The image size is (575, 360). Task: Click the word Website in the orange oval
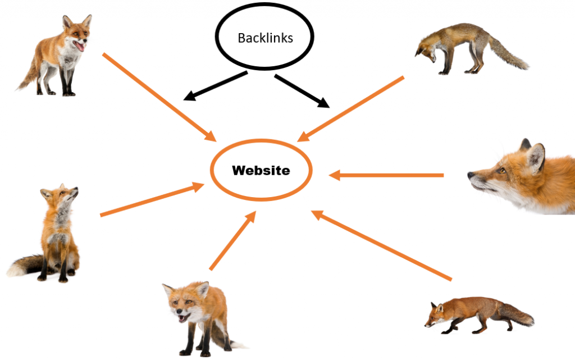261,170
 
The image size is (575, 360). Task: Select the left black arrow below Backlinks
216,86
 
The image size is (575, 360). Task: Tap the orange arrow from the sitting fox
152,199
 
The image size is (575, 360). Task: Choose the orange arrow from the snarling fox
232,241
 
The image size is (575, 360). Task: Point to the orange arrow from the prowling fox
381,245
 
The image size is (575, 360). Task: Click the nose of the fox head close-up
470,175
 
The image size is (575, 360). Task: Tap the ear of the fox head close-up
536,157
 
